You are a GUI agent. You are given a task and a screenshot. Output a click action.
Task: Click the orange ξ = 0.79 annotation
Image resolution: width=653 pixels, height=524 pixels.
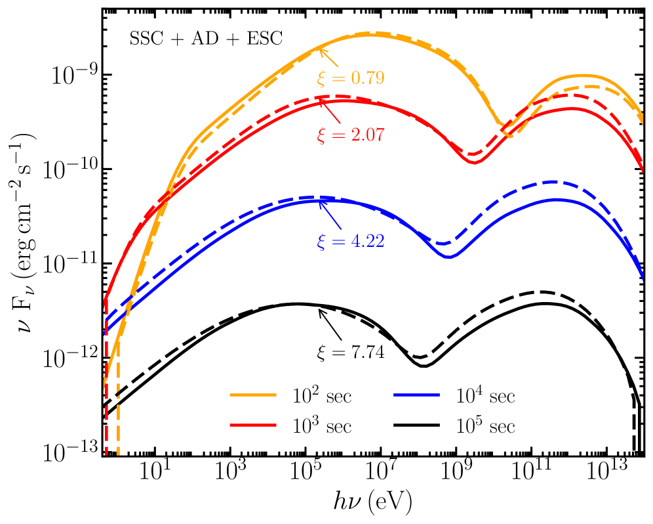click(350, 78)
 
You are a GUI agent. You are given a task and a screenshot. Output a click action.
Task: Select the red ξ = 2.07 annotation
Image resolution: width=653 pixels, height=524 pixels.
click(350, 135)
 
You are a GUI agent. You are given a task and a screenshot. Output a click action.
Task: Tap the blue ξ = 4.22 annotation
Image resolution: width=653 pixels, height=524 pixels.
click(350, 241)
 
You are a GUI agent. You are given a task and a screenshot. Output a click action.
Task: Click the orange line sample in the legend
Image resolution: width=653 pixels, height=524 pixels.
click(253, 395)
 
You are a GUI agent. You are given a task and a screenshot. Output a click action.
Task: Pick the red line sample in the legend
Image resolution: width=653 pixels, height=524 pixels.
click(253, 426)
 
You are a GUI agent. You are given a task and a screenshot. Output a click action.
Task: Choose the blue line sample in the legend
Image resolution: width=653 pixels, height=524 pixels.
click(417, 395)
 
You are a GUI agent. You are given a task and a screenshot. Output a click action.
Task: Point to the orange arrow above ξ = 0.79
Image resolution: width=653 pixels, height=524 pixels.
click(328, 57)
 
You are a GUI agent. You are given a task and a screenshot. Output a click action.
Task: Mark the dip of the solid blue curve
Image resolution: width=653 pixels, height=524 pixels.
click(450, 257)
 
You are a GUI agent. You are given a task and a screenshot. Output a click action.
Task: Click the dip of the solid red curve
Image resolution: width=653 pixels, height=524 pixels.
click(475, 162)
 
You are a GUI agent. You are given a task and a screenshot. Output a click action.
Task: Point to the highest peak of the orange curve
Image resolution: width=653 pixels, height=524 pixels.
click(371, 34)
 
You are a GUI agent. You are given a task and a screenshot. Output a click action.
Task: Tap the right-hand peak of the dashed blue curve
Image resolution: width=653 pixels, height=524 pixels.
click(554, 181)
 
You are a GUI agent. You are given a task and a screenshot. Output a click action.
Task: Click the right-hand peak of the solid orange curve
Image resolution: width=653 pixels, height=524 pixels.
click(580, 76)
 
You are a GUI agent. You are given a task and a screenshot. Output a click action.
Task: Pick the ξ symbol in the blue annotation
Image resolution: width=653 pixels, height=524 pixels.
click(321, 242)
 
